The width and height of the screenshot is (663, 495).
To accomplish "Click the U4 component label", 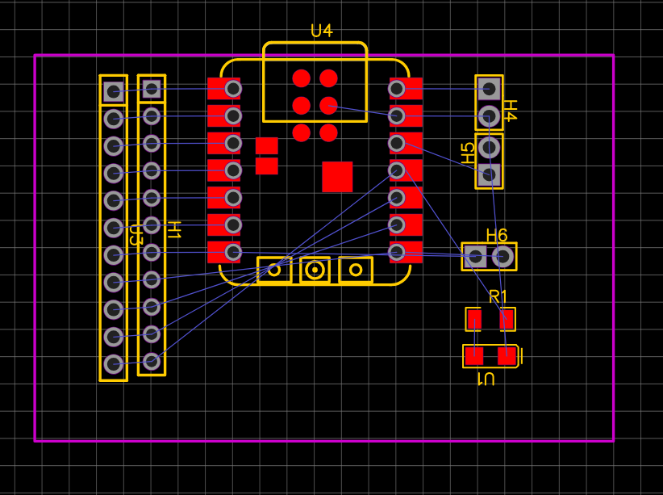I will [321, 31].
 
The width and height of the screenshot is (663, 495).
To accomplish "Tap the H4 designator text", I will [510, 110].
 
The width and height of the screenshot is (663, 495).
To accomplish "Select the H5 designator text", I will [468, 153].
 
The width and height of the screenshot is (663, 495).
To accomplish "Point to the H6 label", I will [497, 235].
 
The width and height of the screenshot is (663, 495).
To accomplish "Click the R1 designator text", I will [498, 297].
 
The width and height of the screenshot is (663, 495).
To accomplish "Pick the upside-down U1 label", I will [486, 378].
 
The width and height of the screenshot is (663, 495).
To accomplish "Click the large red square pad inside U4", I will [337, 176].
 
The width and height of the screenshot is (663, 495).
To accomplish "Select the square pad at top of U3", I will [113, 91].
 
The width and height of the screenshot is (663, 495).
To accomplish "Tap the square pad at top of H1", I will [151, 89].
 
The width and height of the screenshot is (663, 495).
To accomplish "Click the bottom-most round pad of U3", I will [113, 364].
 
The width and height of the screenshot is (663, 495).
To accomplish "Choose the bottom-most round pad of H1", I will [151, 361].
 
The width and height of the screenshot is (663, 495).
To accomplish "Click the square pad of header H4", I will [488, 89].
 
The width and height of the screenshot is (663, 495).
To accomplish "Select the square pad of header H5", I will [489, 174].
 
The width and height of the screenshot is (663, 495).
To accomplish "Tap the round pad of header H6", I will [502, 257].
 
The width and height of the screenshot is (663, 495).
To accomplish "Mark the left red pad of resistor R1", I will [474, 320].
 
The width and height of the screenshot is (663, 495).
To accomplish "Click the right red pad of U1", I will [507, 355].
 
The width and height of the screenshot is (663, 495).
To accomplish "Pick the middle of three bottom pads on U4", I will [315, 270].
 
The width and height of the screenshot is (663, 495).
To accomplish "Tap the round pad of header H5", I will [489, 147].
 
